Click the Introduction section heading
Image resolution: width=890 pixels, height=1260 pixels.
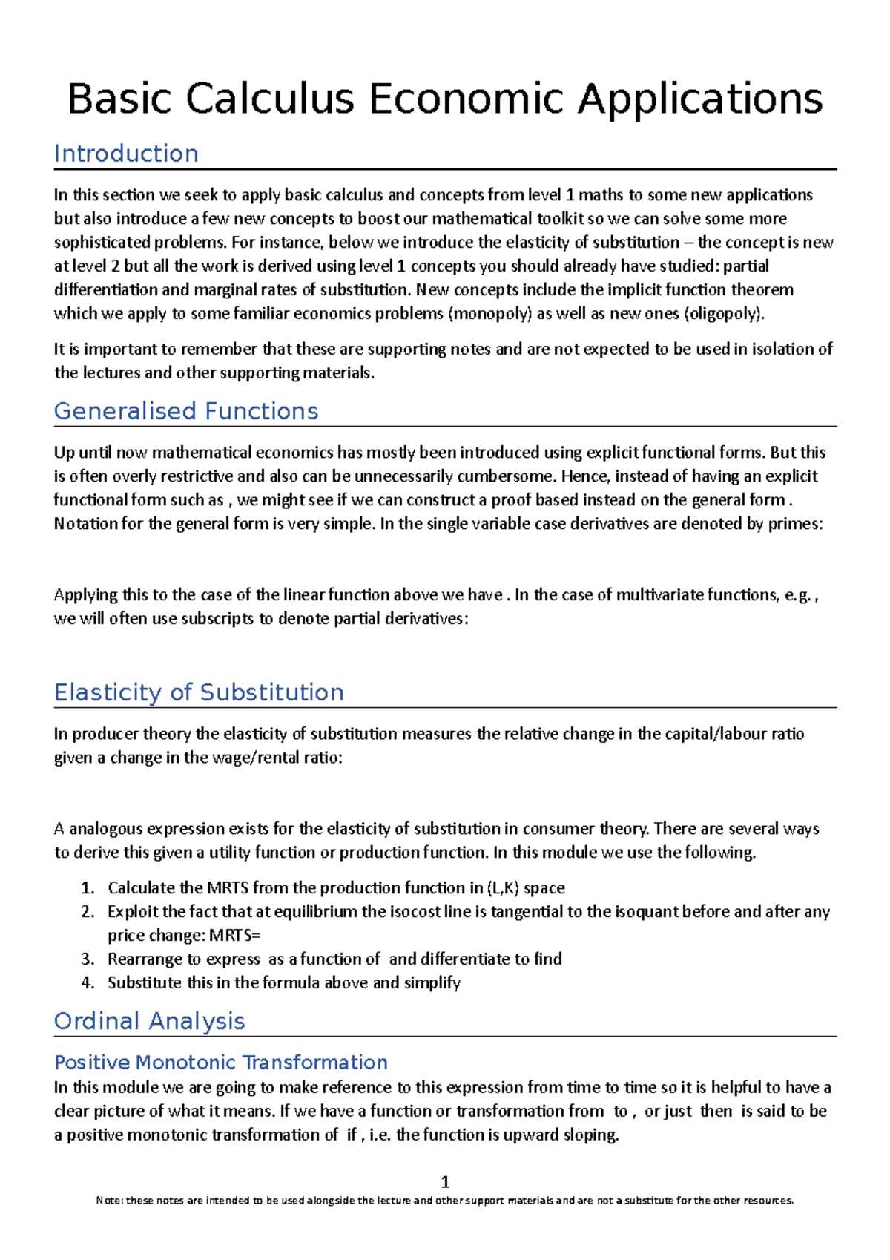(x=126, y=154)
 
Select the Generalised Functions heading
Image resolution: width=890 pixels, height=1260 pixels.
(x=186, y=411)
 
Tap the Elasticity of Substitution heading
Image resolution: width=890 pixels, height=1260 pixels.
(x=199, y=692)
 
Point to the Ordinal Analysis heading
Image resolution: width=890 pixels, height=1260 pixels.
(x=149, y=1021)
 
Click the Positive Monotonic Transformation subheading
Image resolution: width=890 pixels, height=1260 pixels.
(x=221, y=1063)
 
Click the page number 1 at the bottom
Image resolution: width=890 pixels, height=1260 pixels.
(x=445, y=1181)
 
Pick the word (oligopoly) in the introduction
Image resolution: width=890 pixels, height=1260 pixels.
(x=724, y=314)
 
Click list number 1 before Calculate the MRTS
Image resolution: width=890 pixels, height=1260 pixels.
(x=88, y=888)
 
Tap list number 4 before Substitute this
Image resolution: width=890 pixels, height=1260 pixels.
(x=88, y=983)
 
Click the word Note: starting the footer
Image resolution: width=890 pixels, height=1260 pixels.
(x=110, y=1201)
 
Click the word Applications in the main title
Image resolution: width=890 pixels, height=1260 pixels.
(x=700, y=99)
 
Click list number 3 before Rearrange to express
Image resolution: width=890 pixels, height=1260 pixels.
(x=88, y=959)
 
